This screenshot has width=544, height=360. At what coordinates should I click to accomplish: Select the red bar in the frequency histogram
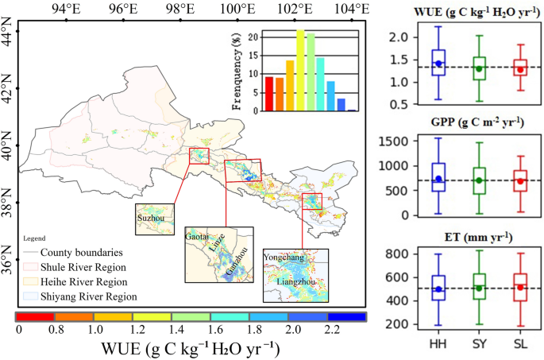pos(269,94)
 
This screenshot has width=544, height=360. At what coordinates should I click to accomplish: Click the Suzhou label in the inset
pos(149,215)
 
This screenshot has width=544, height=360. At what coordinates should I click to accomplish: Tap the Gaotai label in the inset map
pos(197,236)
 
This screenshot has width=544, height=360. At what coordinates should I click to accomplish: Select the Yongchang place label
pos(285,258)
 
